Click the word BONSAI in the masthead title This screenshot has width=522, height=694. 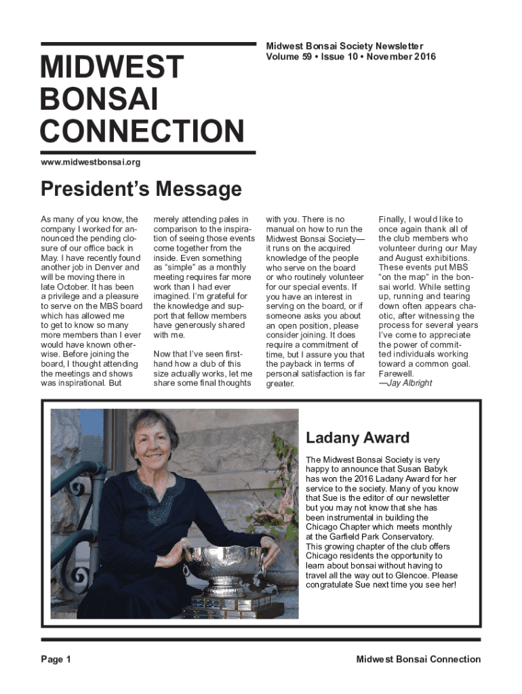(x=100, y=99)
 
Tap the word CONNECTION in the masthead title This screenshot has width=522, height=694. (x=142, y=131)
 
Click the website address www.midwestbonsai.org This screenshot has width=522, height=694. (x=91, y=162)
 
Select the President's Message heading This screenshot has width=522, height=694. (x=141, y=189)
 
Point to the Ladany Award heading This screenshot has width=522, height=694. (x=357, y=438)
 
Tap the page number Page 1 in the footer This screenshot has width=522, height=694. (x=56, y=659)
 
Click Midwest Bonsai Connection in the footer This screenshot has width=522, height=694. (x=418, y=659)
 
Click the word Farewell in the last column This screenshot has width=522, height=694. (x=396, y=373)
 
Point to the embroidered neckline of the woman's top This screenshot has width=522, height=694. (x=157, y=495)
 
